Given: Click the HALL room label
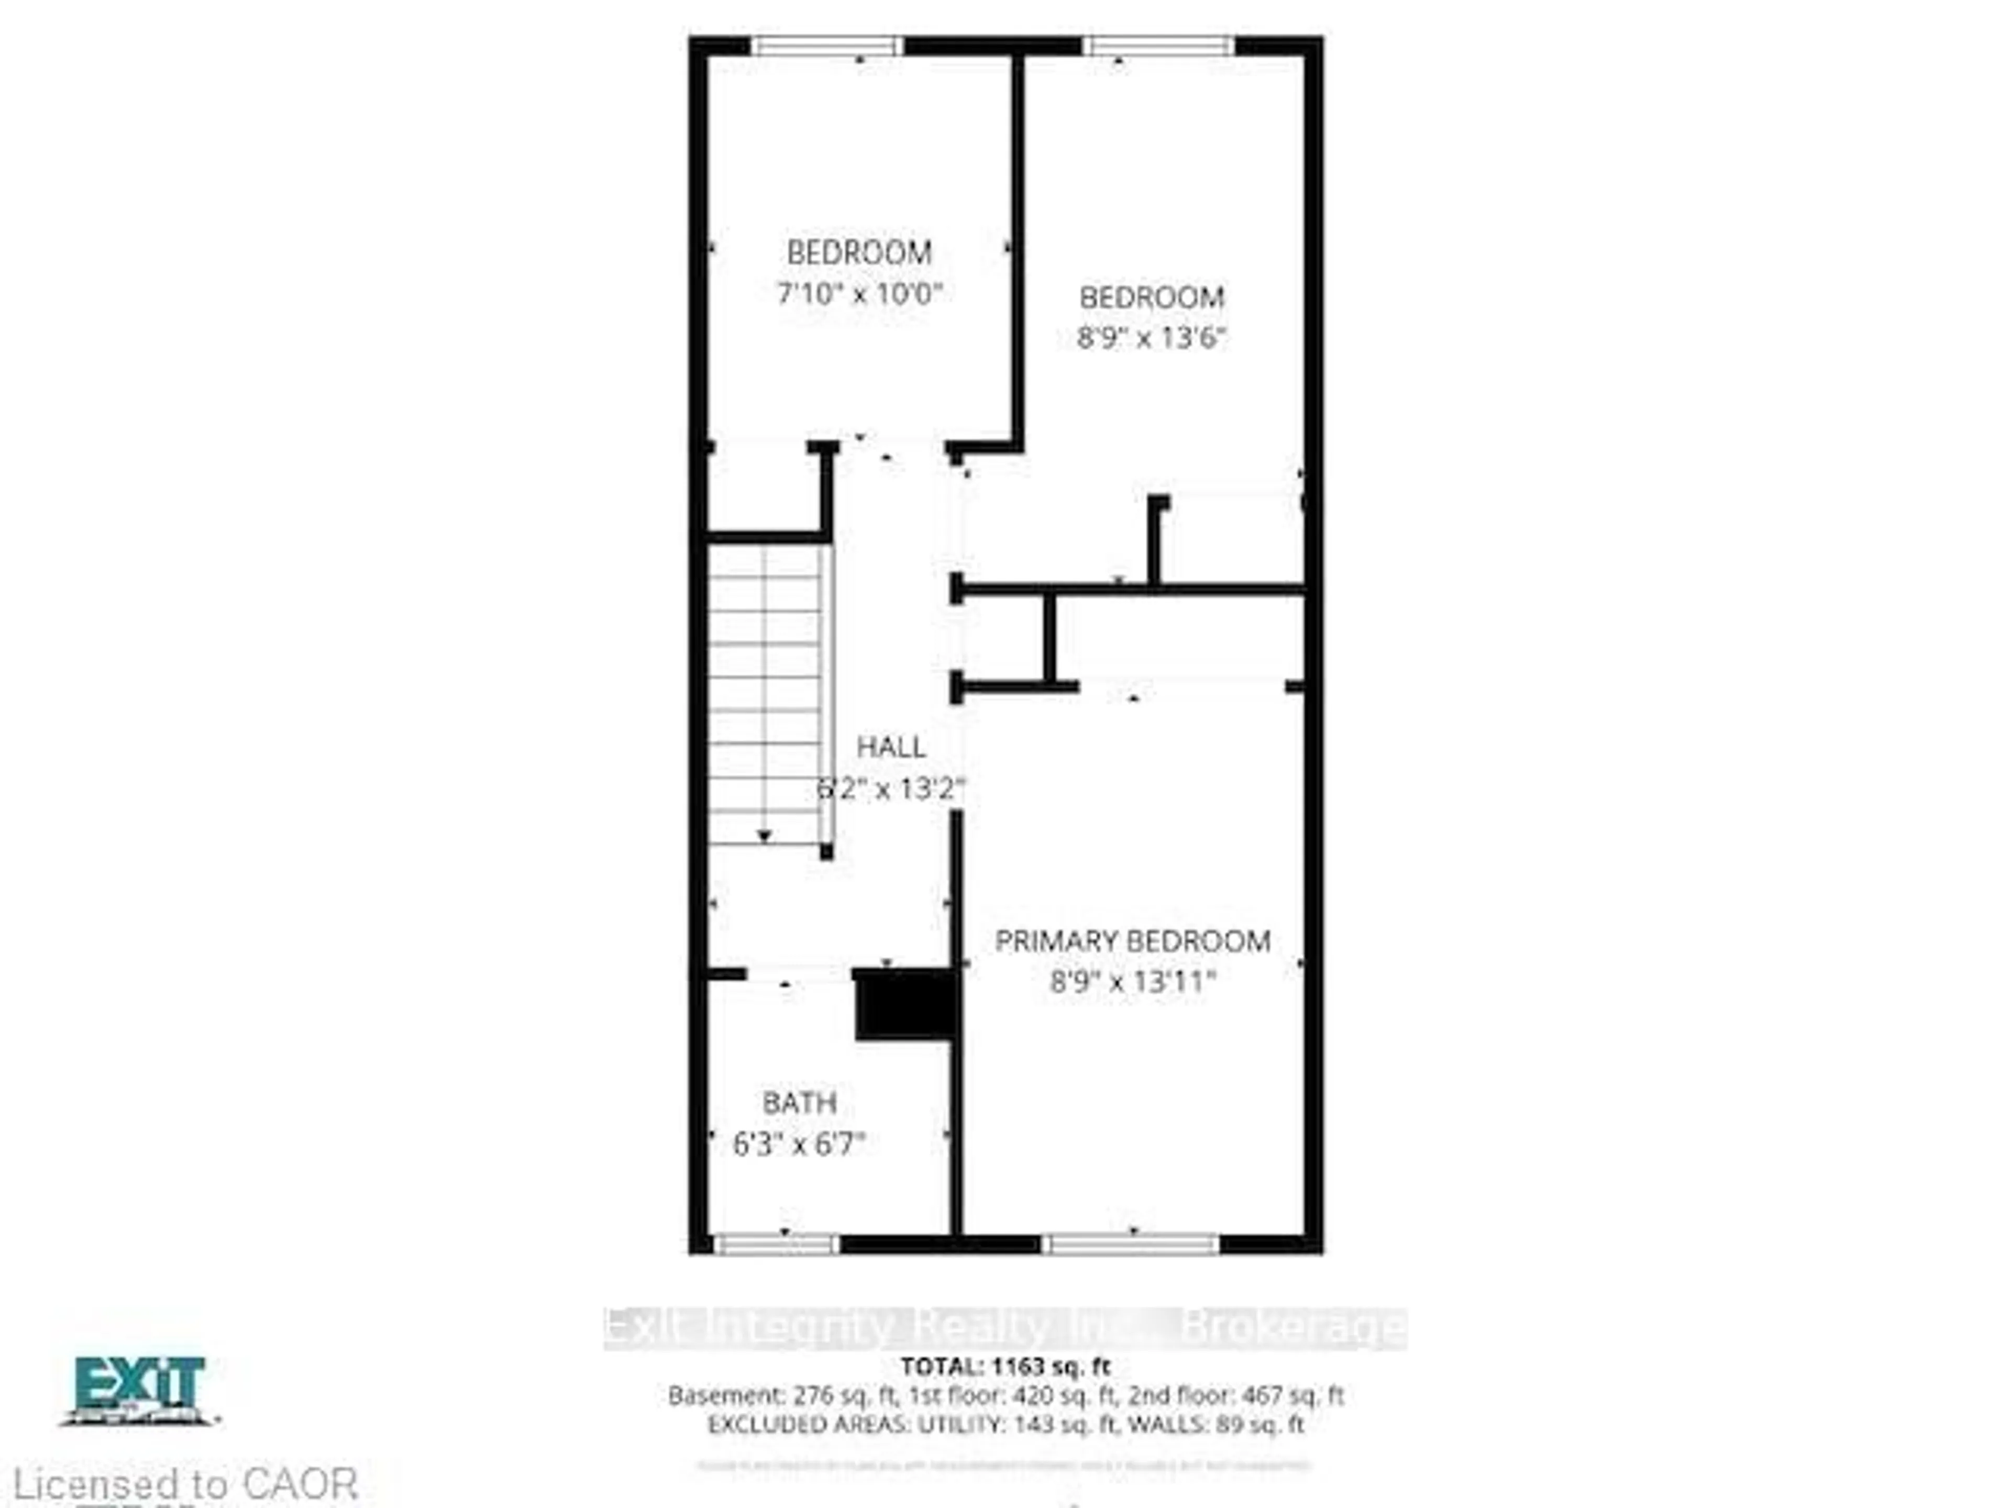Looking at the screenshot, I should point(891,747).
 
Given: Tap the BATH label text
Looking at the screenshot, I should point(799,1103).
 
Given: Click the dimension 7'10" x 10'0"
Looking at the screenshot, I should point(859,294).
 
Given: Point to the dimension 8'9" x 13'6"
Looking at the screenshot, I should point(1151,338).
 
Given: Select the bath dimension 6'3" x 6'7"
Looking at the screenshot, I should point(799,1144).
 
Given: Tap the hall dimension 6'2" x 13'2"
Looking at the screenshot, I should point(891,788).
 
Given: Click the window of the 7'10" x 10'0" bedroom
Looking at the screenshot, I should point(826,46).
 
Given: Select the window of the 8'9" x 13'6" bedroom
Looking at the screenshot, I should point(1158,46).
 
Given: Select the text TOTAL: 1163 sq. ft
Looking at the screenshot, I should point(1005,1366).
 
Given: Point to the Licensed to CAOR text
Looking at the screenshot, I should point(186,1484).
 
